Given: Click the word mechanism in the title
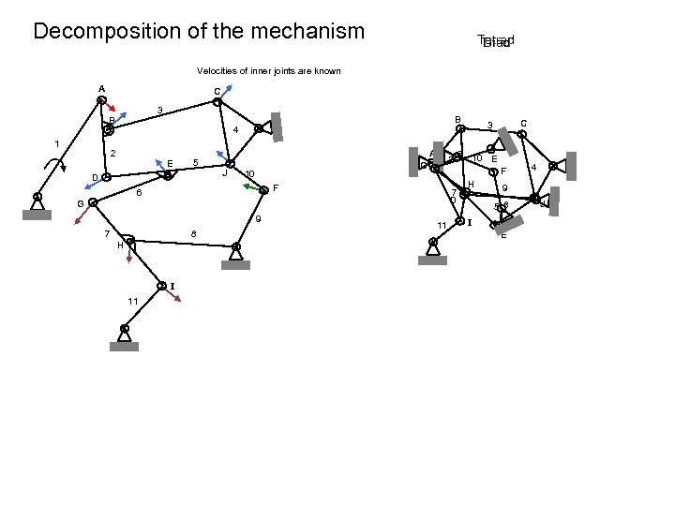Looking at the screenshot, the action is pyautogui.click(x=307, y=31).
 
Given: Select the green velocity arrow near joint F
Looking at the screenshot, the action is pyautogui.click(x=251, y=188).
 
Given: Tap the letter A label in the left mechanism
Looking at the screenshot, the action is pyautogui.click(x=101, y=90).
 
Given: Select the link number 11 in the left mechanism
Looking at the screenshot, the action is pyautogui.click(x=133, y=300).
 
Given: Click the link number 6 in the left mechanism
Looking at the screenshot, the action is pyautogui.click(x=138, y=194).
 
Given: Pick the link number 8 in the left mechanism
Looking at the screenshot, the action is pyautogui.click(x=193, y=232).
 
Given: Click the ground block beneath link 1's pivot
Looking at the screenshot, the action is pyautogui.click(x=36, y=214).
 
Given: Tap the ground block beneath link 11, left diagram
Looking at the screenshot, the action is pyautogui.click(x=124, y=346).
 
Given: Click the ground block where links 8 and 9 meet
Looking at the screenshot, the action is pyautogui.click(x=235, y=264).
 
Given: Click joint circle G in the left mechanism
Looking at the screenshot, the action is pyautogui.click(x=92, y=201).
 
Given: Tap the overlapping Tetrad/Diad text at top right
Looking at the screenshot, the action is pyautogui.click(x=495, y=41).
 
